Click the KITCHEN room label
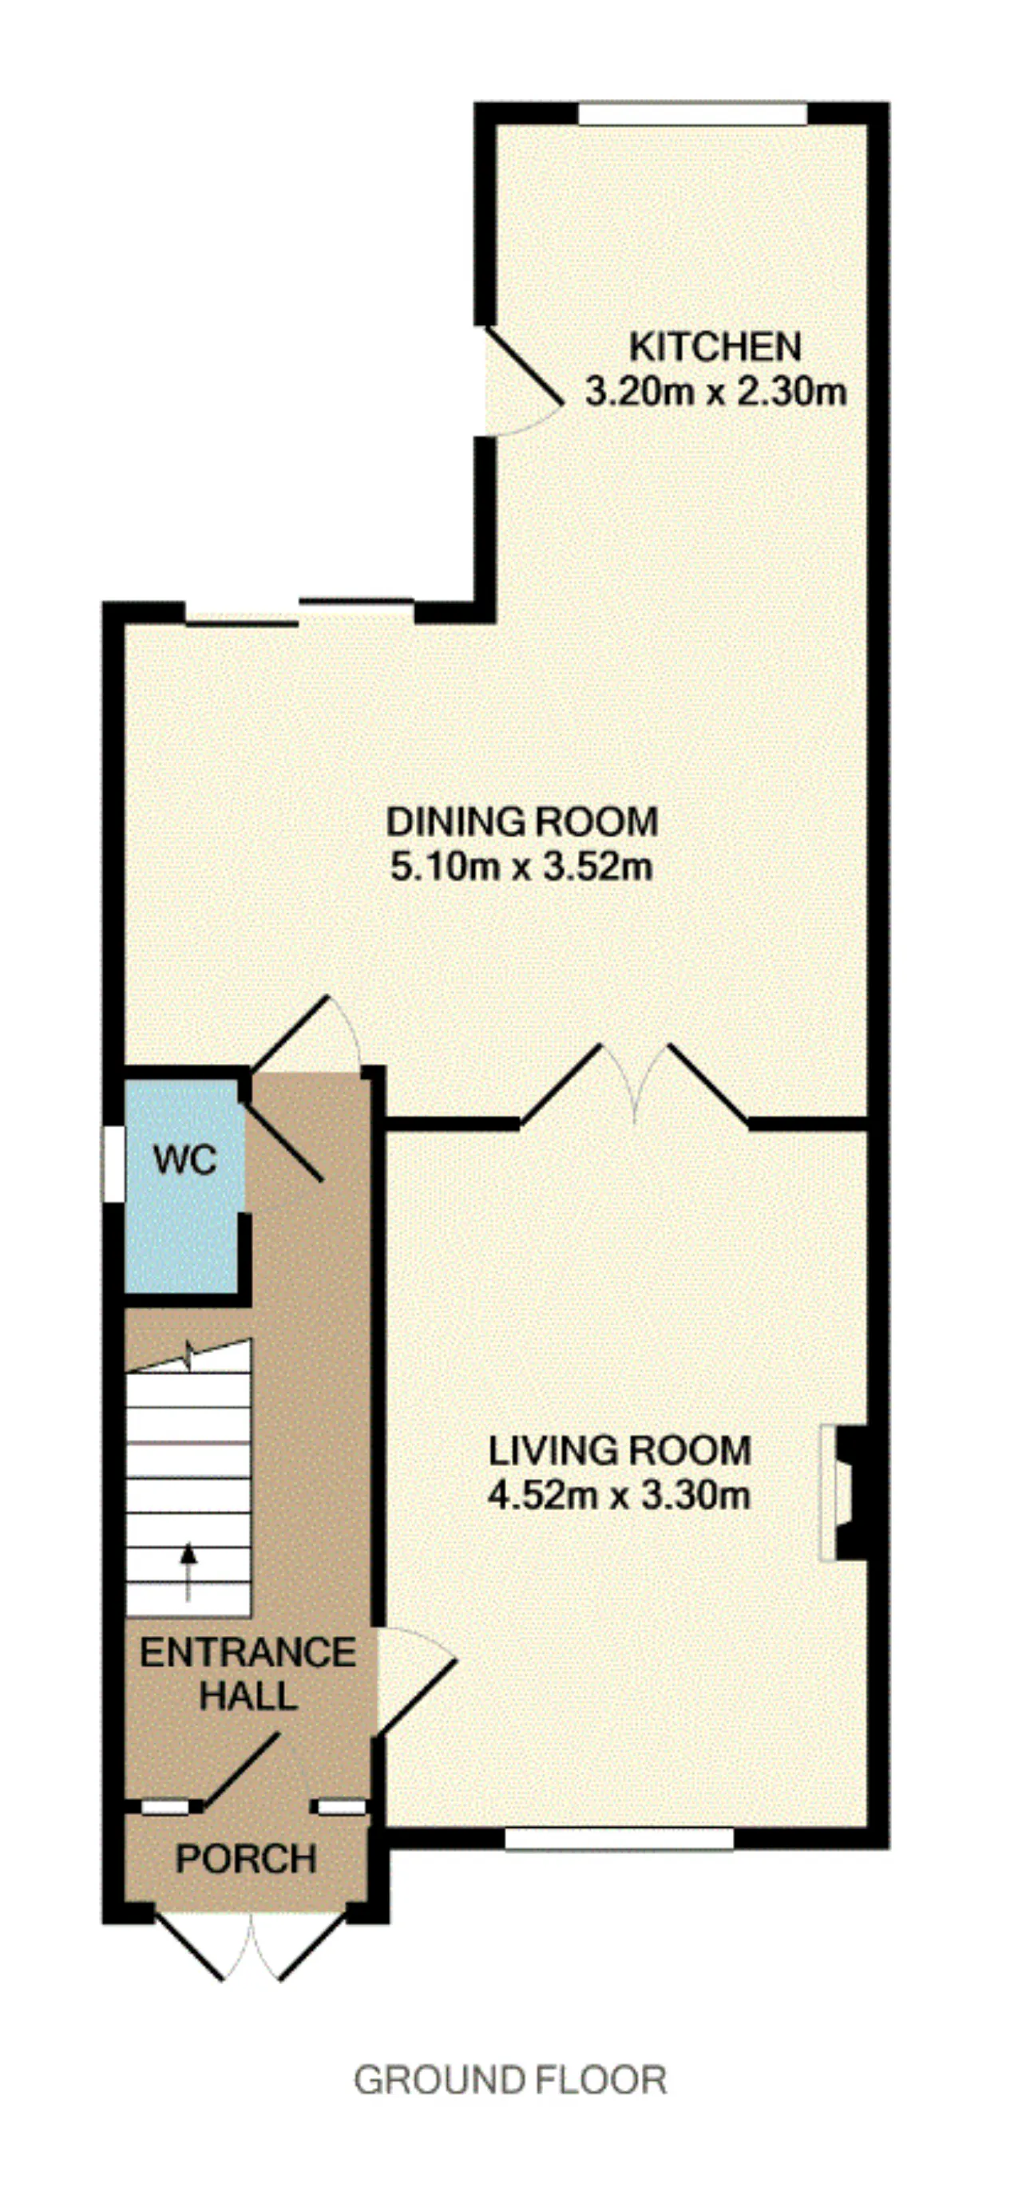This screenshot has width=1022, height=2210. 715,346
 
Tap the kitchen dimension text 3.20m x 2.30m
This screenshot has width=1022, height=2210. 715,392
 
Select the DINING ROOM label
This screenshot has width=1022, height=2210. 521,822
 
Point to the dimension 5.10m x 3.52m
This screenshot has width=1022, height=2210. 521,867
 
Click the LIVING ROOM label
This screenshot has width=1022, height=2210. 620,1451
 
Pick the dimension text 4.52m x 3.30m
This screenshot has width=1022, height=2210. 620,1496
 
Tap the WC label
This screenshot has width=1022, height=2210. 185,1160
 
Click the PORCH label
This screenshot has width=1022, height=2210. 246,1859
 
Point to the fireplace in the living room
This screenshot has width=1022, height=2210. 842,1492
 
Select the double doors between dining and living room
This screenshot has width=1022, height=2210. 634,1083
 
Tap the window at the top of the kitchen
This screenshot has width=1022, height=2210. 692,114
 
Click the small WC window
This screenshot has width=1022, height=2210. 113,1164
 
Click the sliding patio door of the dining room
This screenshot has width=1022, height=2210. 300,611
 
